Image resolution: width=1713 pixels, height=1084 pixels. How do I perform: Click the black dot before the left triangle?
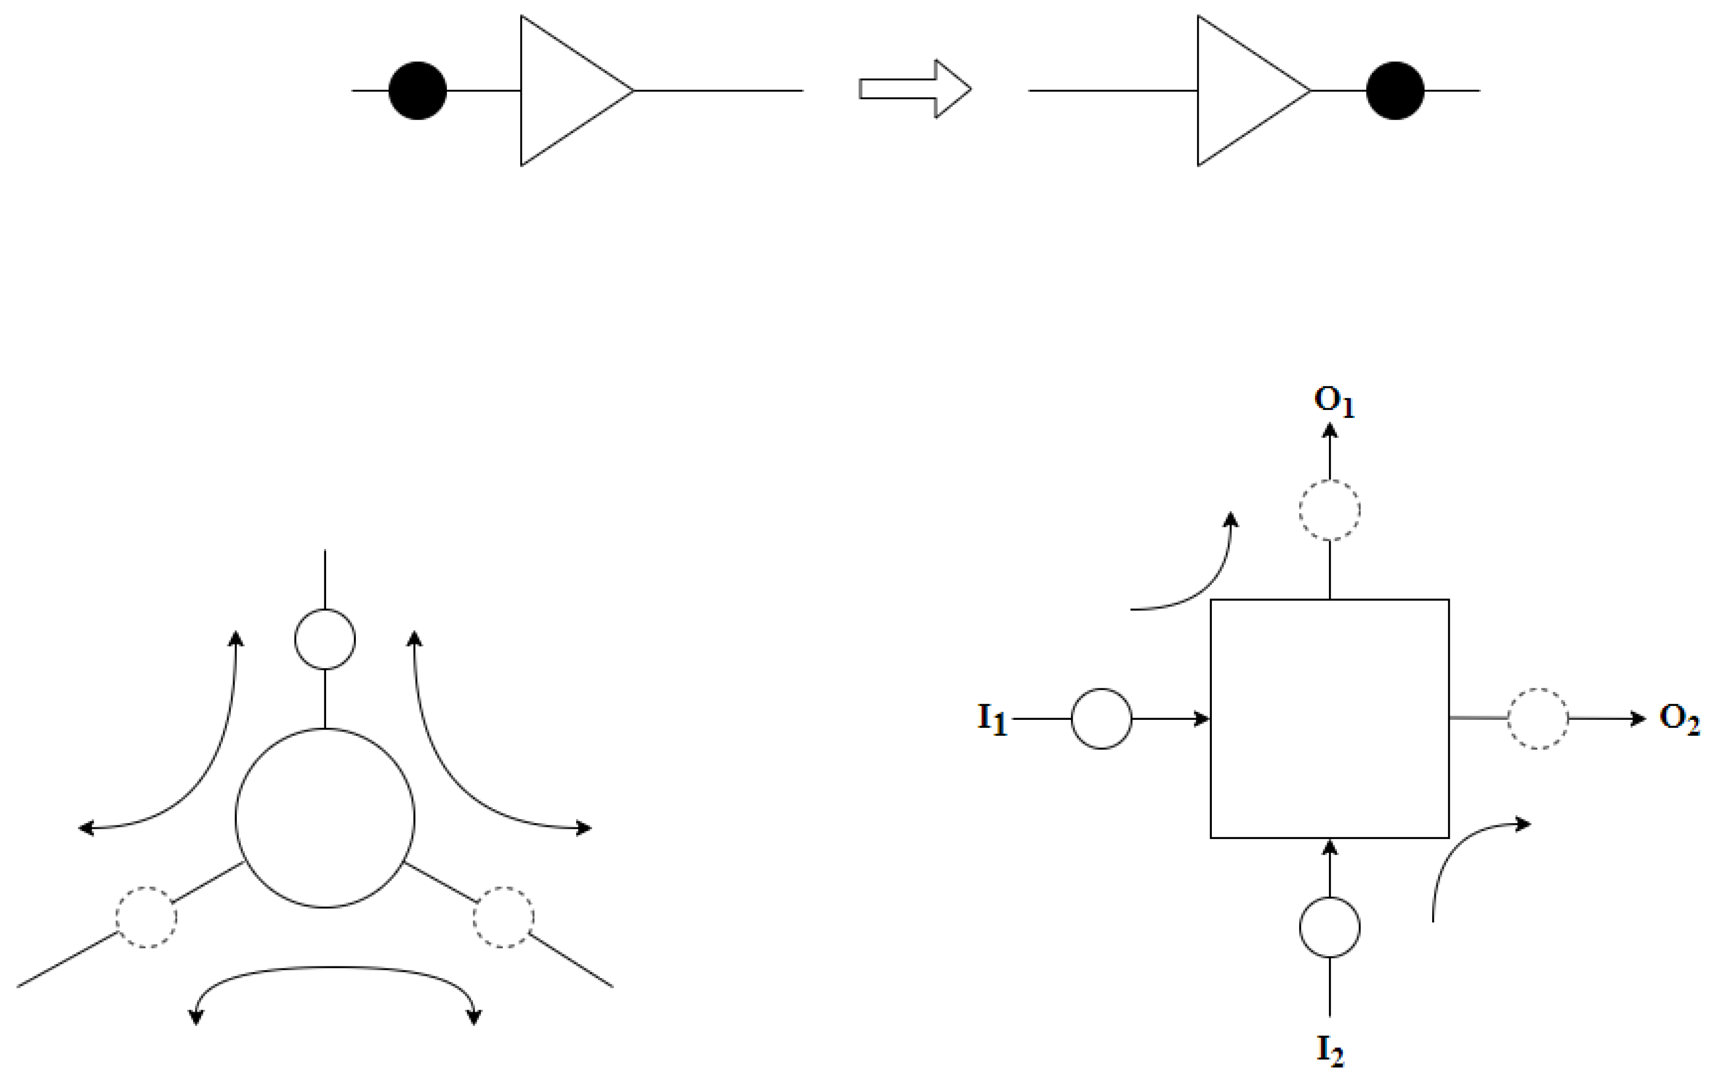tap(418, 91)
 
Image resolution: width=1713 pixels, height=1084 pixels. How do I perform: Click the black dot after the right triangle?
tap(1394, 91)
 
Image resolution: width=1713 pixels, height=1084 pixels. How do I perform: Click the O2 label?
tap(1679, 719)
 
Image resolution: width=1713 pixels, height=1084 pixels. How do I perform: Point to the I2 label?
tap(1329, 1050)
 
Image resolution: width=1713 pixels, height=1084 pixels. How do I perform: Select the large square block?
tap(1329, 718)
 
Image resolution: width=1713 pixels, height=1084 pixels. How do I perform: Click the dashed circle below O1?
tap(1329, 510)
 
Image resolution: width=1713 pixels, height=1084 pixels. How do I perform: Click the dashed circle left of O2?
tap(1538, 719)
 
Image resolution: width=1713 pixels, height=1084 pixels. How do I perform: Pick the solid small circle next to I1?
tap(1101, 719)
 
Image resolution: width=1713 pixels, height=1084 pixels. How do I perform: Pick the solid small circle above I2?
tap(1329, 927)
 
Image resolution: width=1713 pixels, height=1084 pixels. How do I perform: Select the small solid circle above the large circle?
tap(325, 638)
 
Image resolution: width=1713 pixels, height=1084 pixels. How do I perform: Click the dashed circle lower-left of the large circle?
tap(146, 917)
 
